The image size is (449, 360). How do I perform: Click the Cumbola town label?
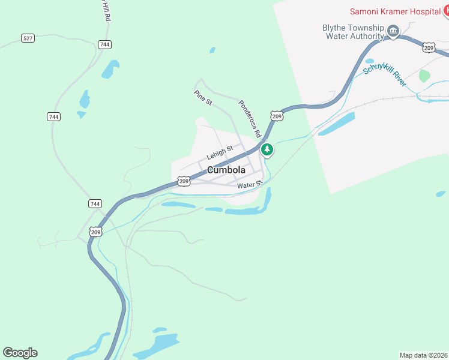(226, 170)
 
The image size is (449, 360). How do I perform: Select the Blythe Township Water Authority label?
(354, 32)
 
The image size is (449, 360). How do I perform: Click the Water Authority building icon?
(393, 31)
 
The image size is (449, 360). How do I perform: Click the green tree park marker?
(267, 149)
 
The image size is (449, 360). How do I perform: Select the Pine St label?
(203, 98)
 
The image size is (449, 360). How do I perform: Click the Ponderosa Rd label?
(249, 118)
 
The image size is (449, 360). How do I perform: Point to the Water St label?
(250, 185)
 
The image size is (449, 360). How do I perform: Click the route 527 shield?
(28, 38)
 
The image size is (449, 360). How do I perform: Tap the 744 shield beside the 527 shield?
(104, 44)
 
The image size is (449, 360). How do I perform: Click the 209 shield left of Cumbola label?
(184, 181)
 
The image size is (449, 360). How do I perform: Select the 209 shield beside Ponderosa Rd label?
(276, 116)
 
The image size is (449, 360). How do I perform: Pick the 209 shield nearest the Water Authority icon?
(429, 47)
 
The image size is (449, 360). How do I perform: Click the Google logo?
(20, 353)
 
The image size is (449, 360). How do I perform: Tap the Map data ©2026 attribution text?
(423, 355)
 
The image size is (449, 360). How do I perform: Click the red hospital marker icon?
(445, 11)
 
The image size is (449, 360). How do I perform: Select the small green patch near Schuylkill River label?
(424, 76)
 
